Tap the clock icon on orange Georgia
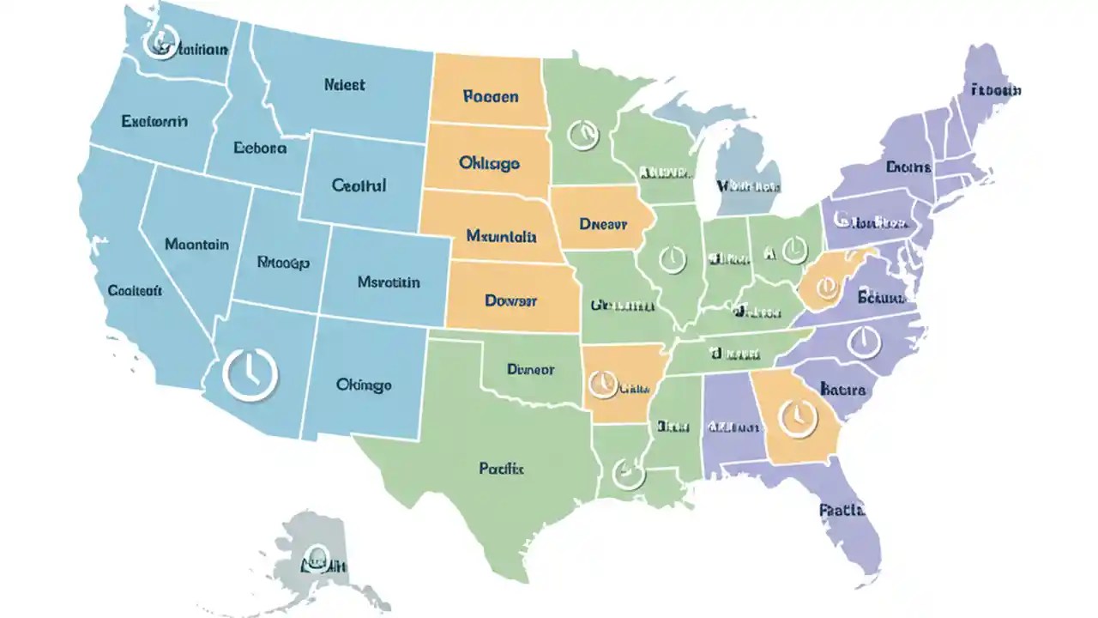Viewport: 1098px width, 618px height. coord(797,417)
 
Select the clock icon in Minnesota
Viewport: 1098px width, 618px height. coord(582,134)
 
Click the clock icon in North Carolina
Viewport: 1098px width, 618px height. coord(864,342)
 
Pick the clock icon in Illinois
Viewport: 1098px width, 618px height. coord(672,258)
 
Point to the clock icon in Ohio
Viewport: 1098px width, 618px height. coord(794,249)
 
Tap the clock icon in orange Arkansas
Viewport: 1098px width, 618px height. coord(601,383)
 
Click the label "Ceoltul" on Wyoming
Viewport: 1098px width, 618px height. coord(359,185)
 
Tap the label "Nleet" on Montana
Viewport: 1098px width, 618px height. coord(345,85)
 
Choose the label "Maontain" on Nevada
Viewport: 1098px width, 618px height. coord(196,245)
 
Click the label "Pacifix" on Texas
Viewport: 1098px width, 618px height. coord(502,469)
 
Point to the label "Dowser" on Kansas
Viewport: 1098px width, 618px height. coord(510,300)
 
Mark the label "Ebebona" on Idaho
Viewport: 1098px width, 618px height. coord(260,148)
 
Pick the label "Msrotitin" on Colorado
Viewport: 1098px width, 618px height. coord(388,282)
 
